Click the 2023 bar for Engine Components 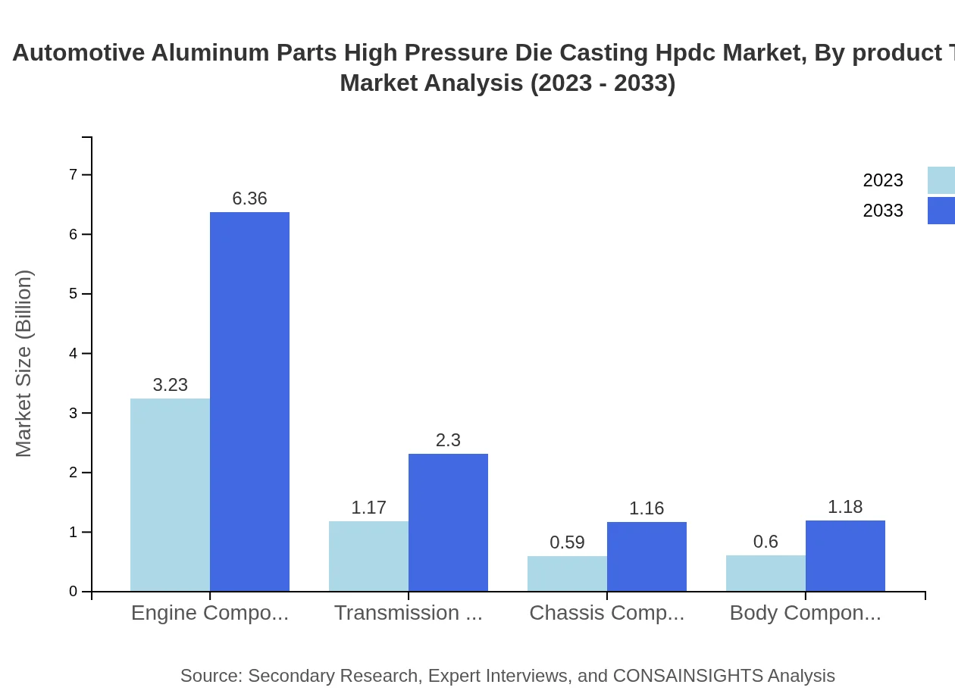tap(170, 495)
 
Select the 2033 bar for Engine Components tap(249, 402)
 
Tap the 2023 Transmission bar tap(368, 556)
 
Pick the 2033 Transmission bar tap(448, 523)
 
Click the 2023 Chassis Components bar tap(567, 574)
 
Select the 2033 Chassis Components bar tap(647, 557)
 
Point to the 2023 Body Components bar tap(766, 573)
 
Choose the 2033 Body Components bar tap(845, 556)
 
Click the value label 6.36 tap(249, 198)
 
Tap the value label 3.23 tap(170, 385)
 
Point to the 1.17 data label tap(368, 508)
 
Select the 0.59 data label tap(567, 542)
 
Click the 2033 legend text tap(883, 211)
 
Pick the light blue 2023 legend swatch tap(941, 180)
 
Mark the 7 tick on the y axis tap(74, 175)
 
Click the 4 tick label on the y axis tap(74, 354)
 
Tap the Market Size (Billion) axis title tap(24, 364)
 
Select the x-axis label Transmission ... tap(408, 613)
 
